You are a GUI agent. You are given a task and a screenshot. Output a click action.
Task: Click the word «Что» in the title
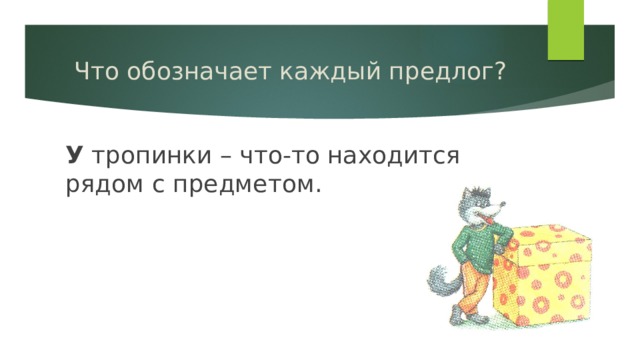(x=97, y=72)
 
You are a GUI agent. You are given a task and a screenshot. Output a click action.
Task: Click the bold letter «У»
(x=74, y=155)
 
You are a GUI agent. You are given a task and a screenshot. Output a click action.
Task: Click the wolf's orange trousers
(x=478, y=295)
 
